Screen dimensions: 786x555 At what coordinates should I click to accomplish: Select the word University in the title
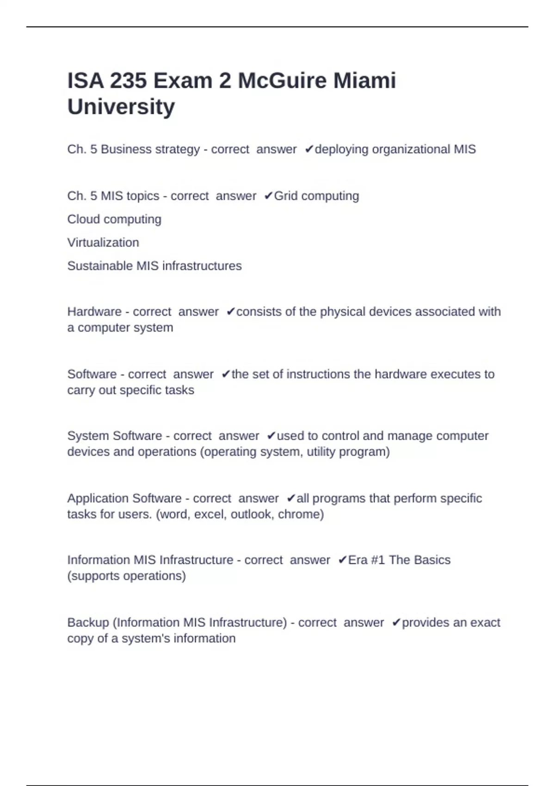click(x=121, y=107)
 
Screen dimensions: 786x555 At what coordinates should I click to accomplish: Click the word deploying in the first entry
click(x=342, y=149)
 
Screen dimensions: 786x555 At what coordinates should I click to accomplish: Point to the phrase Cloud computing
click(x=114, y=219)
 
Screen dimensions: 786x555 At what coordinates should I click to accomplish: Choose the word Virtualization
click(x=103, y=243)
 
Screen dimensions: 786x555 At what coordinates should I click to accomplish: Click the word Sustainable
click(x=100, y=266)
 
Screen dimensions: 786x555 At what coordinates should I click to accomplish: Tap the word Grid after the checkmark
click(x=286, y=196)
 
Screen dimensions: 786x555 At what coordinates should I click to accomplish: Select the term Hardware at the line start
click(x=94, y=312)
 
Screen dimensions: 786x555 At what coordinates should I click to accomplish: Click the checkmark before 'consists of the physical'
click(x=231, y=312)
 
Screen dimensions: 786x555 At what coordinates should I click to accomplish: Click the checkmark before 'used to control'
click(x=271, y=436)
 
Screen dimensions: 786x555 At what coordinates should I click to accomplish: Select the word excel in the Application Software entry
click(x=209, y=514)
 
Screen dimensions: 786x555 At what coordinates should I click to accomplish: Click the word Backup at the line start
click(x=88, y=623)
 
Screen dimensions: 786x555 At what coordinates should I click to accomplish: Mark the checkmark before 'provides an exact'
click(x=396, y=623)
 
